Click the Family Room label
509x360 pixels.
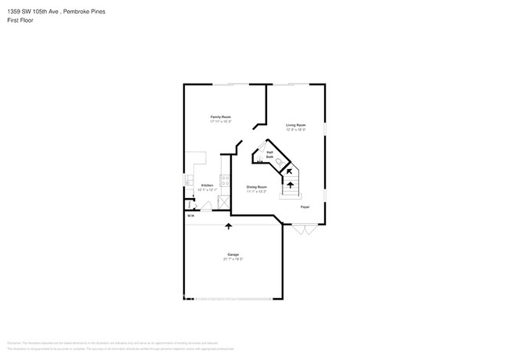pos(220,117)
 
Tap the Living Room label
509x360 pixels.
pos(295,125)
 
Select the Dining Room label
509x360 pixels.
pos(257,186)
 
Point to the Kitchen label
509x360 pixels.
pos(207,185)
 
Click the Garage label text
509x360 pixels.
pos(233,254)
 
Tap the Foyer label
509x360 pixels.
pos(305,207)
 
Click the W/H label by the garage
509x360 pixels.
pos(190,216)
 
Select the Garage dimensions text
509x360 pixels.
pos(233,259)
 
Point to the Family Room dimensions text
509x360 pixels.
pos(220,121)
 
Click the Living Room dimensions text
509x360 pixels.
pos(295,130)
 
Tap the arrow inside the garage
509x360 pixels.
pos(229,226)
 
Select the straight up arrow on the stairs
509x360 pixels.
pos(291,185)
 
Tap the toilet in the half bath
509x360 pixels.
pos(278,160)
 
